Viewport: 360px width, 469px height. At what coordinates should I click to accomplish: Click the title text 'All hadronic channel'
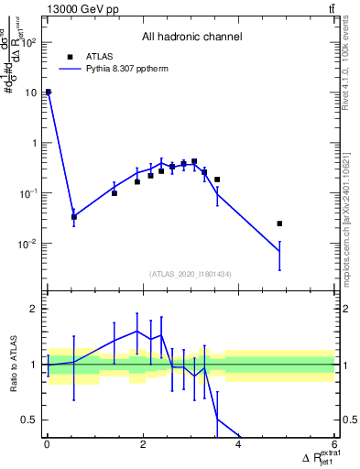tap(191, 38)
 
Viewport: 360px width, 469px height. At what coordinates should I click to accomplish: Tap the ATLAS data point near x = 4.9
tap(280, 224)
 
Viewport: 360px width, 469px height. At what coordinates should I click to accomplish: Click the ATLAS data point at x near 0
tap(48, 92)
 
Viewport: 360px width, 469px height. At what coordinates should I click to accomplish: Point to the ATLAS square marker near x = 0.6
tap(74, 217)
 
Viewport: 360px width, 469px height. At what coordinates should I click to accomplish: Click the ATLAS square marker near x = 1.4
tap(115, 193)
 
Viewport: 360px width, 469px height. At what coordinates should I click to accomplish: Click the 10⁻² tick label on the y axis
tap(27, 244)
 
